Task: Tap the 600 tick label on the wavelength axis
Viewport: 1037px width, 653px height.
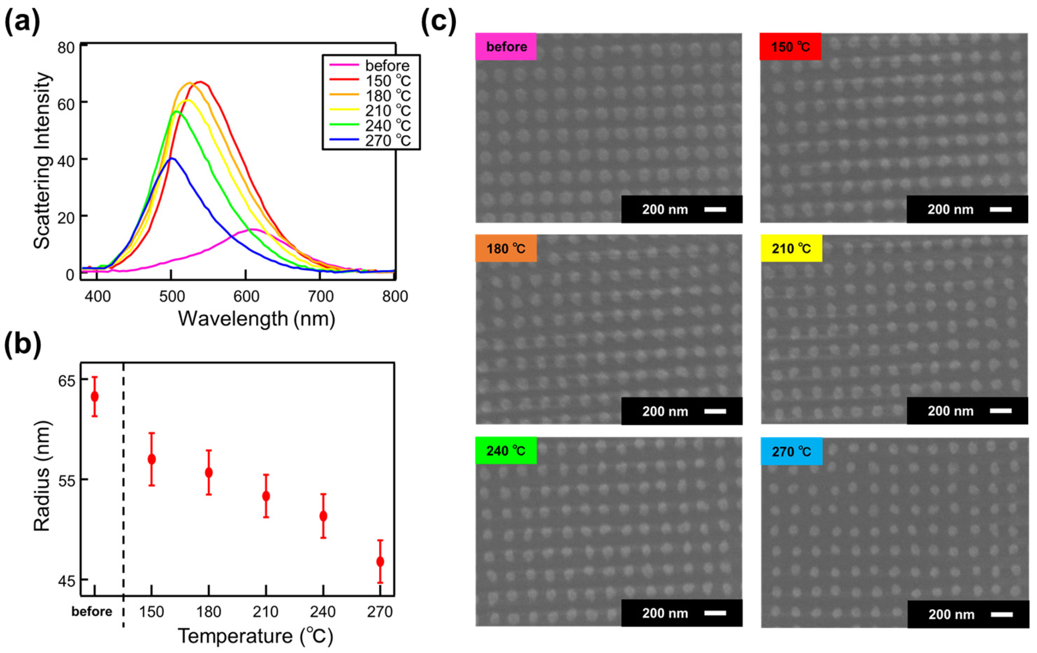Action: (x=246, y=296)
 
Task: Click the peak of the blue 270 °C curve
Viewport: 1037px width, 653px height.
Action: (x=172, y=158)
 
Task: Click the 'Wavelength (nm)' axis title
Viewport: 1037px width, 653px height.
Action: (x=257, y=319)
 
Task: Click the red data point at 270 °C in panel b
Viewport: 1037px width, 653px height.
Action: (x=380, y=562)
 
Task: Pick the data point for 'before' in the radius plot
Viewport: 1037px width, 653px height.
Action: (x=94, y=396)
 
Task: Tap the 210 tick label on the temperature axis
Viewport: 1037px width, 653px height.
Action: (x=266, y=612)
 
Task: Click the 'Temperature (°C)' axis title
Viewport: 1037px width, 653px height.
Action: (x=256, y=636)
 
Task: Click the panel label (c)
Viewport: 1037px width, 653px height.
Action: (x=438, y=21)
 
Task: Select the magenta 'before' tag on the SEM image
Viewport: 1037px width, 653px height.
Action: (x=506, y=46)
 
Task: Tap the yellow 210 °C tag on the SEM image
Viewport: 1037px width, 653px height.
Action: (x=791, y=248)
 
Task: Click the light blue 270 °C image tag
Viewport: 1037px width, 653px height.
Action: (x=791, y=451)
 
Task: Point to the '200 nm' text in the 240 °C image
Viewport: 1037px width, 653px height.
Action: (x=665, y=613)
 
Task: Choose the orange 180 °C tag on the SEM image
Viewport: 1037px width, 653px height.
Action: (x=506, y=248)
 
